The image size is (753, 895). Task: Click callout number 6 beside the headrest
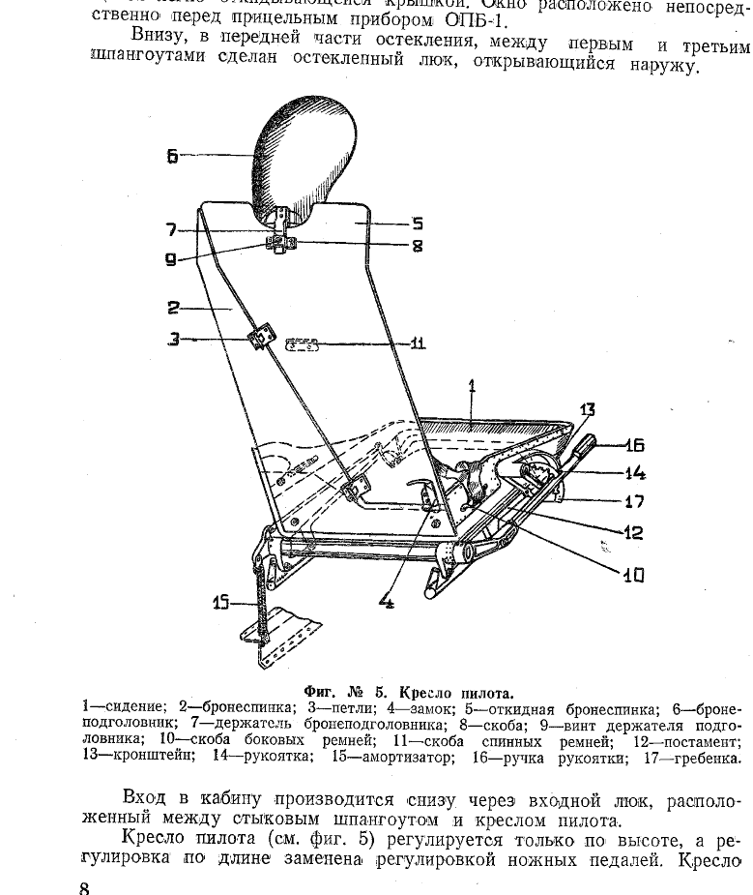[172, 155]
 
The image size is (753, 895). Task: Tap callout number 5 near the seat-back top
[419, 223]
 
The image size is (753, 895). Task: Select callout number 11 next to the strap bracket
[418, 343]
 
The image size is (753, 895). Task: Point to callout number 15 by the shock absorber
[222, 604]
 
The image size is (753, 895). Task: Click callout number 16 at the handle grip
[634, 446]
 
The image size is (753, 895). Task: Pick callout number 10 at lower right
[632, 576]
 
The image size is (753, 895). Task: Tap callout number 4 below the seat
[387, 602]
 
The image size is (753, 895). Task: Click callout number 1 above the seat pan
[472, 387]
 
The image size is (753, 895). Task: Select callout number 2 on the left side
[173, 308]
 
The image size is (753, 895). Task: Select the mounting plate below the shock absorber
[288, 634]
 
